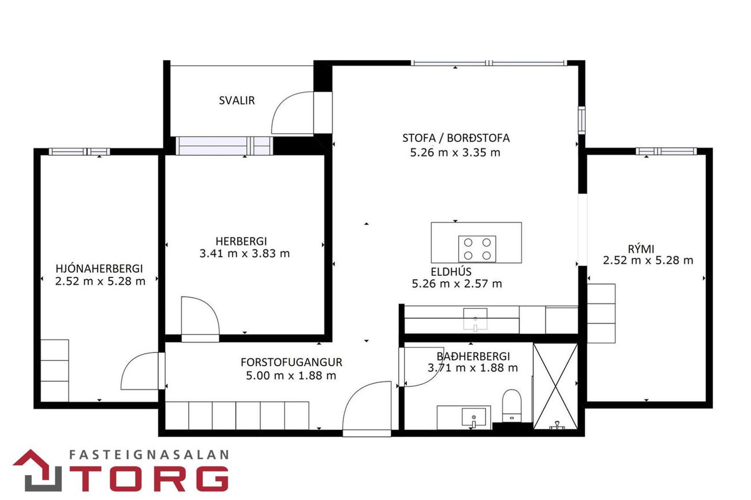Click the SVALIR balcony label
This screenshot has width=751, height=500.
click(x=237, y=100)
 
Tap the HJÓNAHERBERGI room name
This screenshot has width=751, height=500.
click(x=99, y=269)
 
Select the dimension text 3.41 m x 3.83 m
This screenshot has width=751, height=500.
click(x=245, y=254)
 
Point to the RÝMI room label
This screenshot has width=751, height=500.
click(x=641, y=249)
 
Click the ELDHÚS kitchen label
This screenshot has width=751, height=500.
click(x=451, y=272)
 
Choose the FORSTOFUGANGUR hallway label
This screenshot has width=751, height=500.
click(x=292, y=362)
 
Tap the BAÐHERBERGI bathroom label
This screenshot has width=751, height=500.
click(x=473, y=356)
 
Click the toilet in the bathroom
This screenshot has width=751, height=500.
click(x=512, y=405)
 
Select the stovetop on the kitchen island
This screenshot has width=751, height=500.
click(x=477, y=249)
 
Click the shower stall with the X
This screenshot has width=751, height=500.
click(x=555, y=386)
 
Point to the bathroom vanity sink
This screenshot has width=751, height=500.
click(x=473, y=418)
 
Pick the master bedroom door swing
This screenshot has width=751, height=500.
click(x=131, y=363)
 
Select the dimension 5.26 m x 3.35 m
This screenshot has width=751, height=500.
click(x=455, y=153)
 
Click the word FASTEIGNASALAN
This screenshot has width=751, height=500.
click(x=149, y=454)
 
